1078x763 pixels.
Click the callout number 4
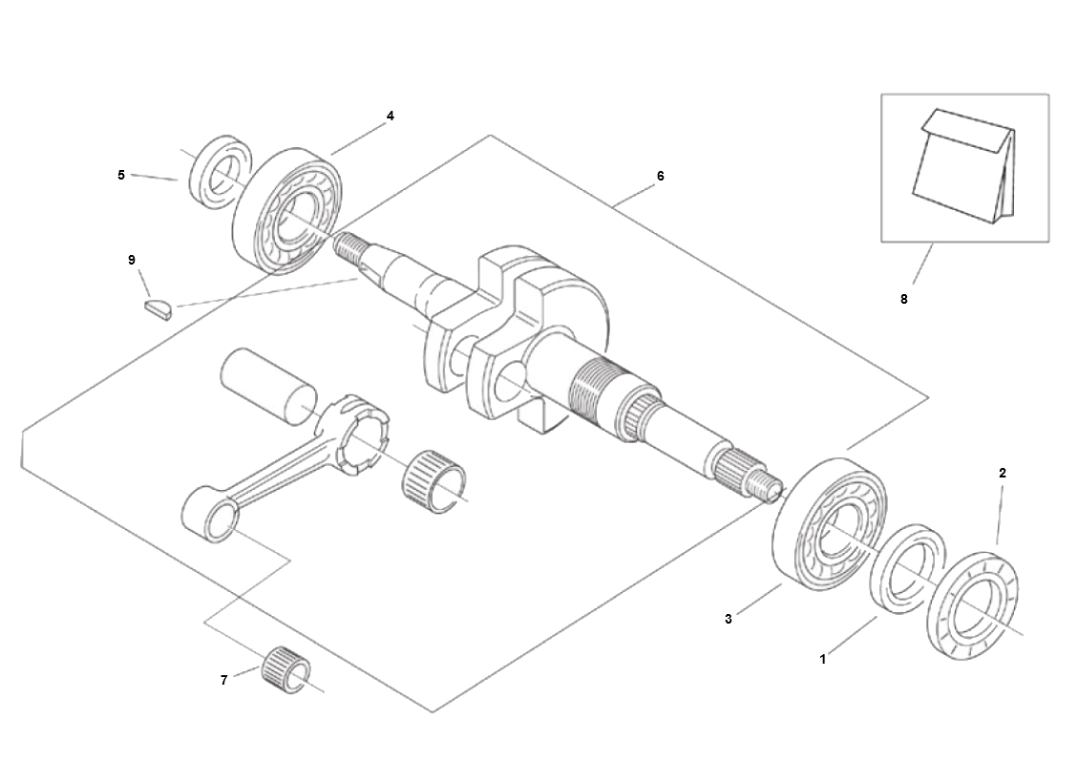(x=390, y=117)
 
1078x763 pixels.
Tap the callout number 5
(x=121, y=176)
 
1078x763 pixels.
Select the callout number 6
(x=661, y=176)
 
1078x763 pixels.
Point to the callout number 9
(x=132, y=260)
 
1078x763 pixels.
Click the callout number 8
(x=904, y=299)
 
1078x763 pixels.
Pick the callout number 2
(x=1003, y=473)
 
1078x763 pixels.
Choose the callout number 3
(x=729, y=619)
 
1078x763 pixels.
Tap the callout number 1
(x=822, y=659)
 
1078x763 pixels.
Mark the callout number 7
(x=223, y=681)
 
